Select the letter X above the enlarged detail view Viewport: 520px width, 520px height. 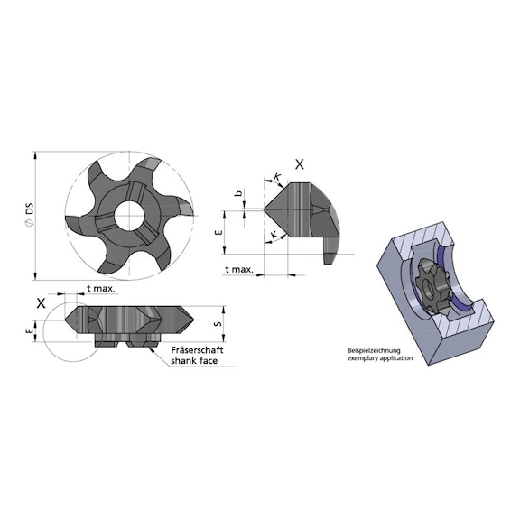[x=301, y=164]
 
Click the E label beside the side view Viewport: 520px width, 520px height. [x=30, y=331]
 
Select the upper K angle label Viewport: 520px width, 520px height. [x=276, y=179]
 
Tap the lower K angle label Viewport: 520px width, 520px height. [x=273, y=237]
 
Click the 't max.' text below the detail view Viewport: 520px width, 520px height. [x=237, y=270]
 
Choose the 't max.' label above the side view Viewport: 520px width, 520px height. [x=100, y=289]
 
